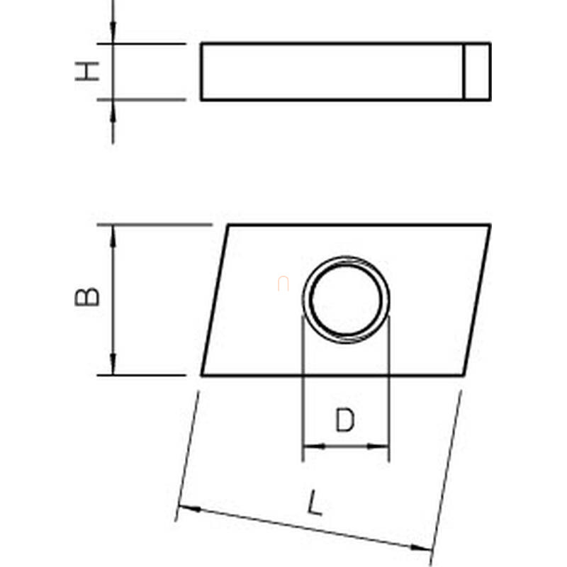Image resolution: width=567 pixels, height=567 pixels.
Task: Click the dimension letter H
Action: pyautogui.click(x=86, y=72)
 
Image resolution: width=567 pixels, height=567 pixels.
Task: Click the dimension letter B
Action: pyautogui.click(x=86, y=296)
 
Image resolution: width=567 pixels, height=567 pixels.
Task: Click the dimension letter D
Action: pyautogui.click(x=345, y=420)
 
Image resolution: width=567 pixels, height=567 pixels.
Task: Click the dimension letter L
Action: pyautogui.click(x=314, y=503)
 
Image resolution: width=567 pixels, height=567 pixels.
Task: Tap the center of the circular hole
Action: pyautogui.click(x=346, y=300)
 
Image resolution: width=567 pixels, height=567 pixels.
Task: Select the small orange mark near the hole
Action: pyautogui.click(x=283, y=283)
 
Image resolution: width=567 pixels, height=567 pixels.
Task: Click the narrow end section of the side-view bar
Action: pyautogui.click(x=477, y=72)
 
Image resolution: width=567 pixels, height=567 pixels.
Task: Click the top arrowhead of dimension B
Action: pyautogui.click(x=113, y=236)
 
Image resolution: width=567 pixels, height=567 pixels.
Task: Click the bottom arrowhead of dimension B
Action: pyautogui.click(x=113, y=364)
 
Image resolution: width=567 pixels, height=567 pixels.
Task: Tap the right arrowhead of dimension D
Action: pyautogui.click(x=378, y=447)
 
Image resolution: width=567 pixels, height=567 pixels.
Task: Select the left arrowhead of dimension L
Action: pyautogui.click(x=190, y=508)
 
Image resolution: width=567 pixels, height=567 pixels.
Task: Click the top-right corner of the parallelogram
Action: pyautogui.click(x=490, y=225)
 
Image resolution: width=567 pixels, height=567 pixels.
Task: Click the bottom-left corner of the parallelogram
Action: pyautogui.click(x=202, y=376)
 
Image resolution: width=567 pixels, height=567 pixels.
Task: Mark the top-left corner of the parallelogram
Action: pyautogui.click(x=228, y=225)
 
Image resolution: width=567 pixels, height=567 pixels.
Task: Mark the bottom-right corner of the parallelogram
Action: pyautogui.click(x=464, y=376)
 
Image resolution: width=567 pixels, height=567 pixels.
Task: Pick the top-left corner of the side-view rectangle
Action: pyautogui.click(x=201, y=43)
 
